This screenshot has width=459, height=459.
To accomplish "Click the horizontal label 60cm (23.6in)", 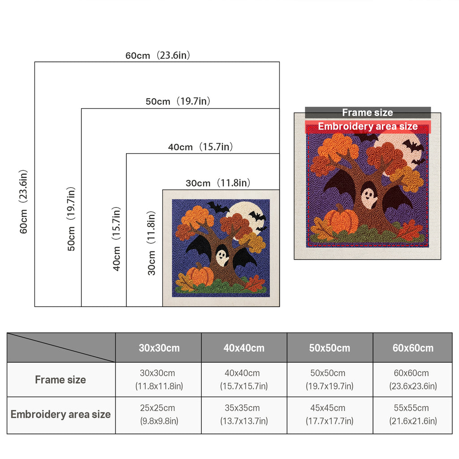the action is pos(158,55).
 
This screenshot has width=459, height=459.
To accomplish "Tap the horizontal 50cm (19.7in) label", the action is pos(178,101).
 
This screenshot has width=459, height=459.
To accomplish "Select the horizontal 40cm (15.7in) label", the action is pos(200,147).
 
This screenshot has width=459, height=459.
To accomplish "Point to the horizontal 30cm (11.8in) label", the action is pos(218,183).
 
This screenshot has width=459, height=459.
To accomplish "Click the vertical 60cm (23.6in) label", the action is pos(23,202).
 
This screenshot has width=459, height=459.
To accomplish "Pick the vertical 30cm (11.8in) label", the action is pos(151,243).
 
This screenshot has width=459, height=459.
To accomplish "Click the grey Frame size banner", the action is pos(368,113).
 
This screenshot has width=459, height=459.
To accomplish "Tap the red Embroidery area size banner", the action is pos(368,126).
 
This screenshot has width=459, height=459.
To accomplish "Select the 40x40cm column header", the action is pos(244,348).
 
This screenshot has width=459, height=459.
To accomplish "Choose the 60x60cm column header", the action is pos(413,348).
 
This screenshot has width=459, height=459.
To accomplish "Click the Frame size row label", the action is pos(61,380).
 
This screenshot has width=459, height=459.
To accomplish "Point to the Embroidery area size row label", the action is pos(61,414).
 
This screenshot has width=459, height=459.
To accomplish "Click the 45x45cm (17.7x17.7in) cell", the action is pos(329,414).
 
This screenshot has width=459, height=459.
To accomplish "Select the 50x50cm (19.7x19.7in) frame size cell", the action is pos(329,380).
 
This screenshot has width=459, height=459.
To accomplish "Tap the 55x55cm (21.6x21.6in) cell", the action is pos(413,414).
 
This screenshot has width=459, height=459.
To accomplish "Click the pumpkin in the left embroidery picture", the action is pos(200,275).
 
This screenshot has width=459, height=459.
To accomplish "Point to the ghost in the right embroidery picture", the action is pos(368,198).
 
